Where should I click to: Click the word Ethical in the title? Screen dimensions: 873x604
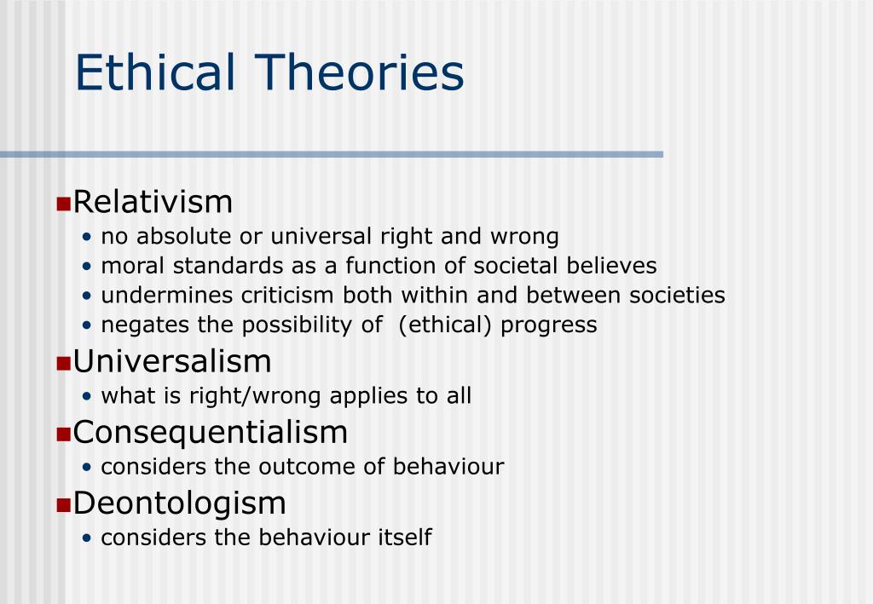(x=155, y=72)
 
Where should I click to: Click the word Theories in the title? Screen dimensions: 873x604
(x=360, y=72)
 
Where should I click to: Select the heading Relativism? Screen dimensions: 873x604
(x=153, y=201)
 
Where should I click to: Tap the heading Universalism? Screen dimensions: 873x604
(x=172, y=361)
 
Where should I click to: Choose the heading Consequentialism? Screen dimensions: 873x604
(x=211, y=433)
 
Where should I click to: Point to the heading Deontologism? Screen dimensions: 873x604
(x=179, y=503)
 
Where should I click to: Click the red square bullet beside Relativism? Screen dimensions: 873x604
(x=63, y=204)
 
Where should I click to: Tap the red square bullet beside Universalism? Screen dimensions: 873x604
(x=63, y=364)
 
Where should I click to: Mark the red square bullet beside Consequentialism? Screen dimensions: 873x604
(x=63, y=434)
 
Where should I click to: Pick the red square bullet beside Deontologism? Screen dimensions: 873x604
(x=63, y=505)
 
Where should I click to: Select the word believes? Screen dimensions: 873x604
(x=612, y=266)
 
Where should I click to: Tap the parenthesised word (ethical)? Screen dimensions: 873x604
(x=445, y=325)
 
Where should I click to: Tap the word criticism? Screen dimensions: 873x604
(x=287, y=296)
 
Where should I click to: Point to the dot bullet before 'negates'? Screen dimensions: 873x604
(x=86, y=325)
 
